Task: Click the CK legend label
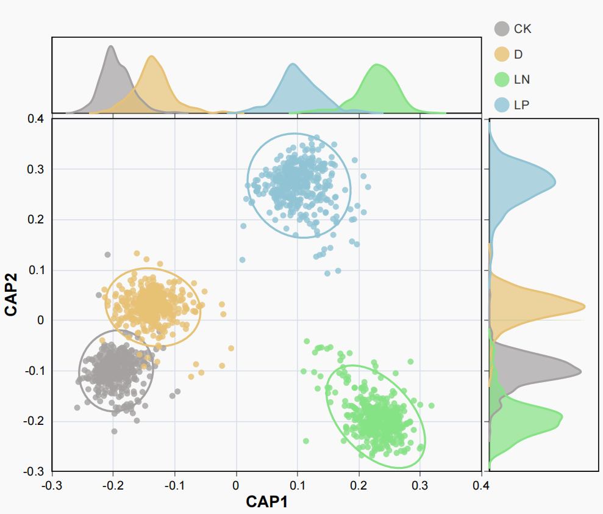(523, 29)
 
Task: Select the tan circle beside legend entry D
(501, 54)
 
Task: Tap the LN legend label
(521, 79)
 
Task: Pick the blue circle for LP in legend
(501, 104)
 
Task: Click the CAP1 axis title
(266, 502)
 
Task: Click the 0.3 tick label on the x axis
(420, 485)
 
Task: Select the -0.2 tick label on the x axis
(112, 485)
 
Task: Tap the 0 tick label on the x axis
(237, 485)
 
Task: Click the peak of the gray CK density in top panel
(110, 46)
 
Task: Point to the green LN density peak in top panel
(379, 64)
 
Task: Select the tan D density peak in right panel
(584, 306)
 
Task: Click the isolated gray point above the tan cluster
(107, 255)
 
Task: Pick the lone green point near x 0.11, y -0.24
(306, 441)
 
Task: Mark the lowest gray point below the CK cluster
(114, 432)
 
